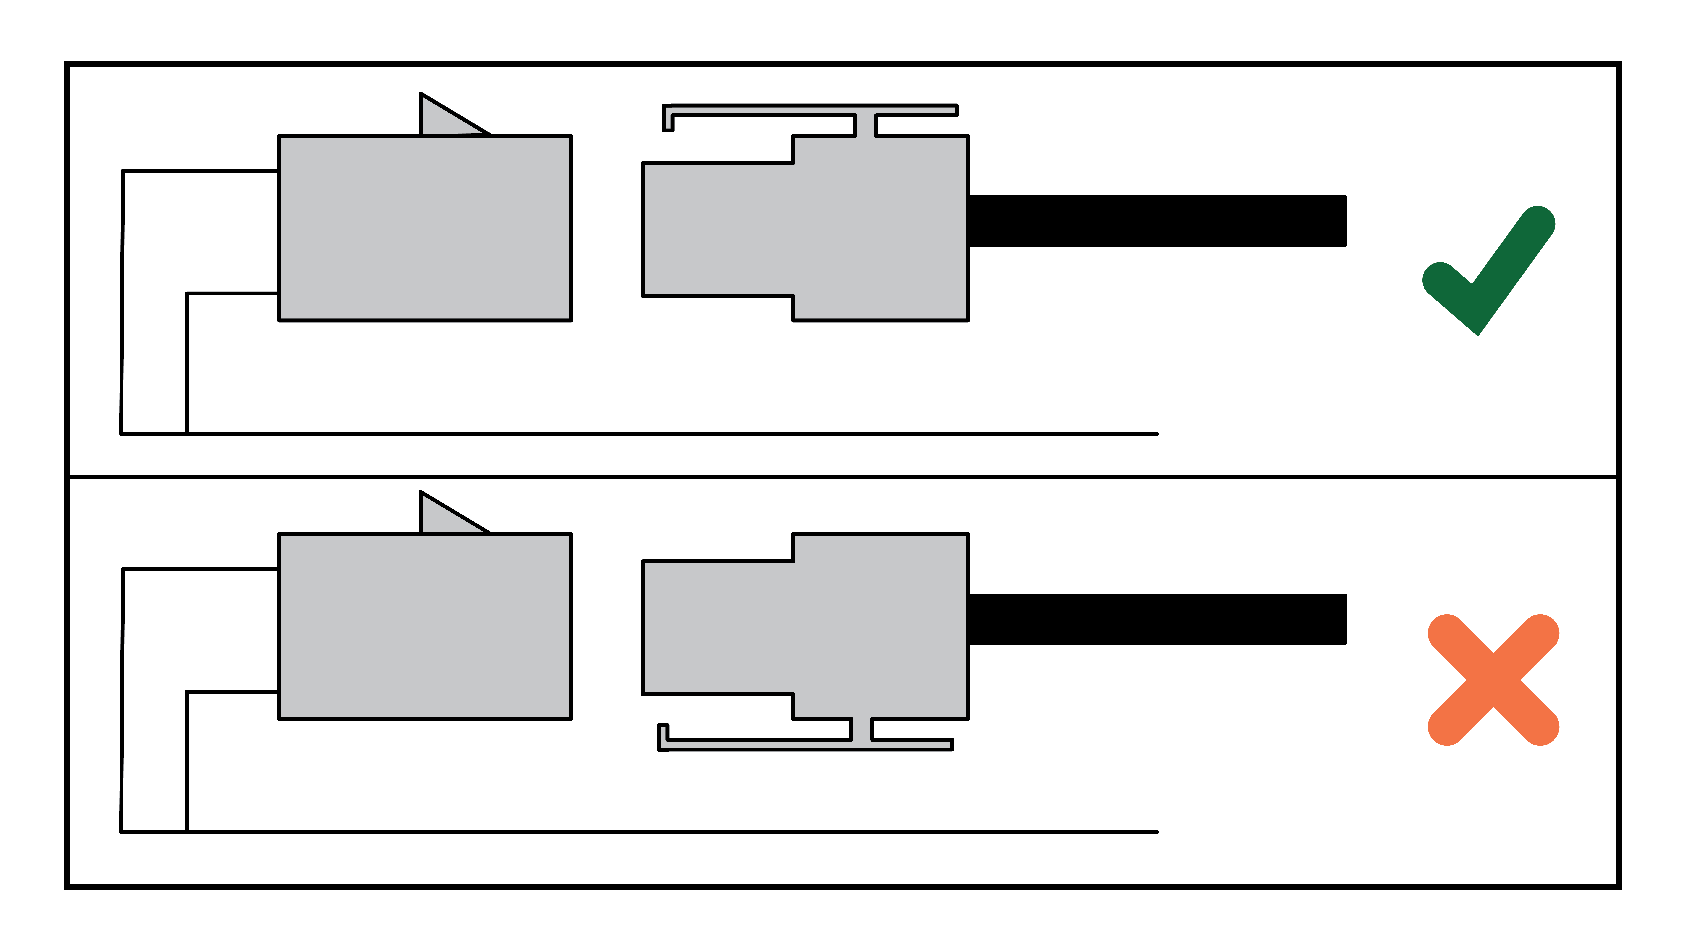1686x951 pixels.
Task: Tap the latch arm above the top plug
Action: tap(785, 110)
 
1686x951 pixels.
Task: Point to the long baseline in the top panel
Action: tap(655, 433)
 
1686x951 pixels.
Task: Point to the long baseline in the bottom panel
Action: tap(655, 832)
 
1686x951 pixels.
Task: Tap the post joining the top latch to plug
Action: tap(865, 126)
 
